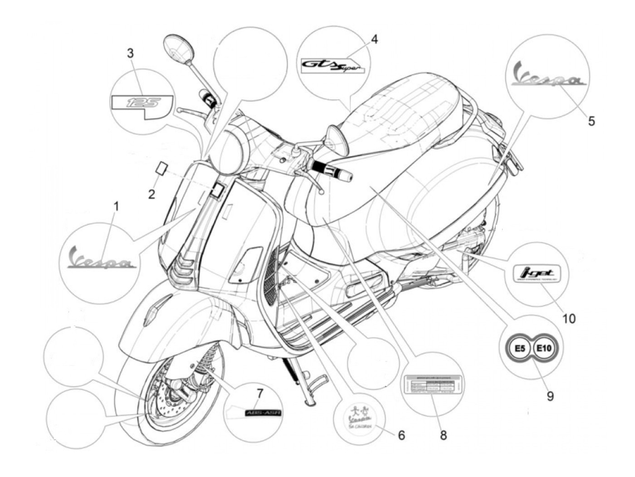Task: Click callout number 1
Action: pyautogui.click(x=116, y=207)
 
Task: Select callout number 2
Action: pyautogui.click(x=151, y=194)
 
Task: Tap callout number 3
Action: pyautogui.click(x=130, y=53)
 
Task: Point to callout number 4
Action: pyautogui.click(x=374, y=39)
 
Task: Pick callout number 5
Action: pyautogui.click(x=591, y=121)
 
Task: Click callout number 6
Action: pyautogui.click(x=401, y=435)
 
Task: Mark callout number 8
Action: pyautogui.click(x=443, y=435)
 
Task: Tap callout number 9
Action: pyautogui.click(x=550, y=396)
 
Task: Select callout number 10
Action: pyautogui.click(x=568, y=318)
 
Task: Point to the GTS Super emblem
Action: pyautogui.click(x=333, y=66)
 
